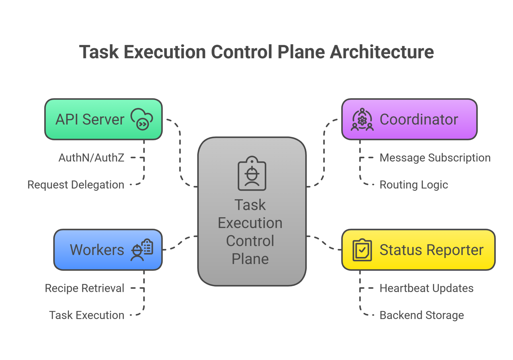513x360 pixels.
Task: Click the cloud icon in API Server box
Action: (142, 119)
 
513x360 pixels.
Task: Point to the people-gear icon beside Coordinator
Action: (362, 119)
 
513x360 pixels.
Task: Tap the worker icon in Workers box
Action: (142, 250)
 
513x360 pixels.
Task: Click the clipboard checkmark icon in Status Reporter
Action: (362, 250)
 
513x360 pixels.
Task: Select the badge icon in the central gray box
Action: (252, 173)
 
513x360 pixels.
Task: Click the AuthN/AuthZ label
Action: (91, 158)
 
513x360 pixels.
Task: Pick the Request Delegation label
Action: (76, 185)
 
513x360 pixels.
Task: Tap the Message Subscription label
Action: (435, 158)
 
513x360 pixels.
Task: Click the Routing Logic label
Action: (414, 185)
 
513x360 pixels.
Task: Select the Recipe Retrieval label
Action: (84, 288)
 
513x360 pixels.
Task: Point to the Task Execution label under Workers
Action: (87, 315)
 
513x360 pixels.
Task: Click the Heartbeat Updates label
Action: (426, 288)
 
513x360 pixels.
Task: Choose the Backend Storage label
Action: (422, 315)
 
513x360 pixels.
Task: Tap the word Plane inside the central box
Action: (250, 259)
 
